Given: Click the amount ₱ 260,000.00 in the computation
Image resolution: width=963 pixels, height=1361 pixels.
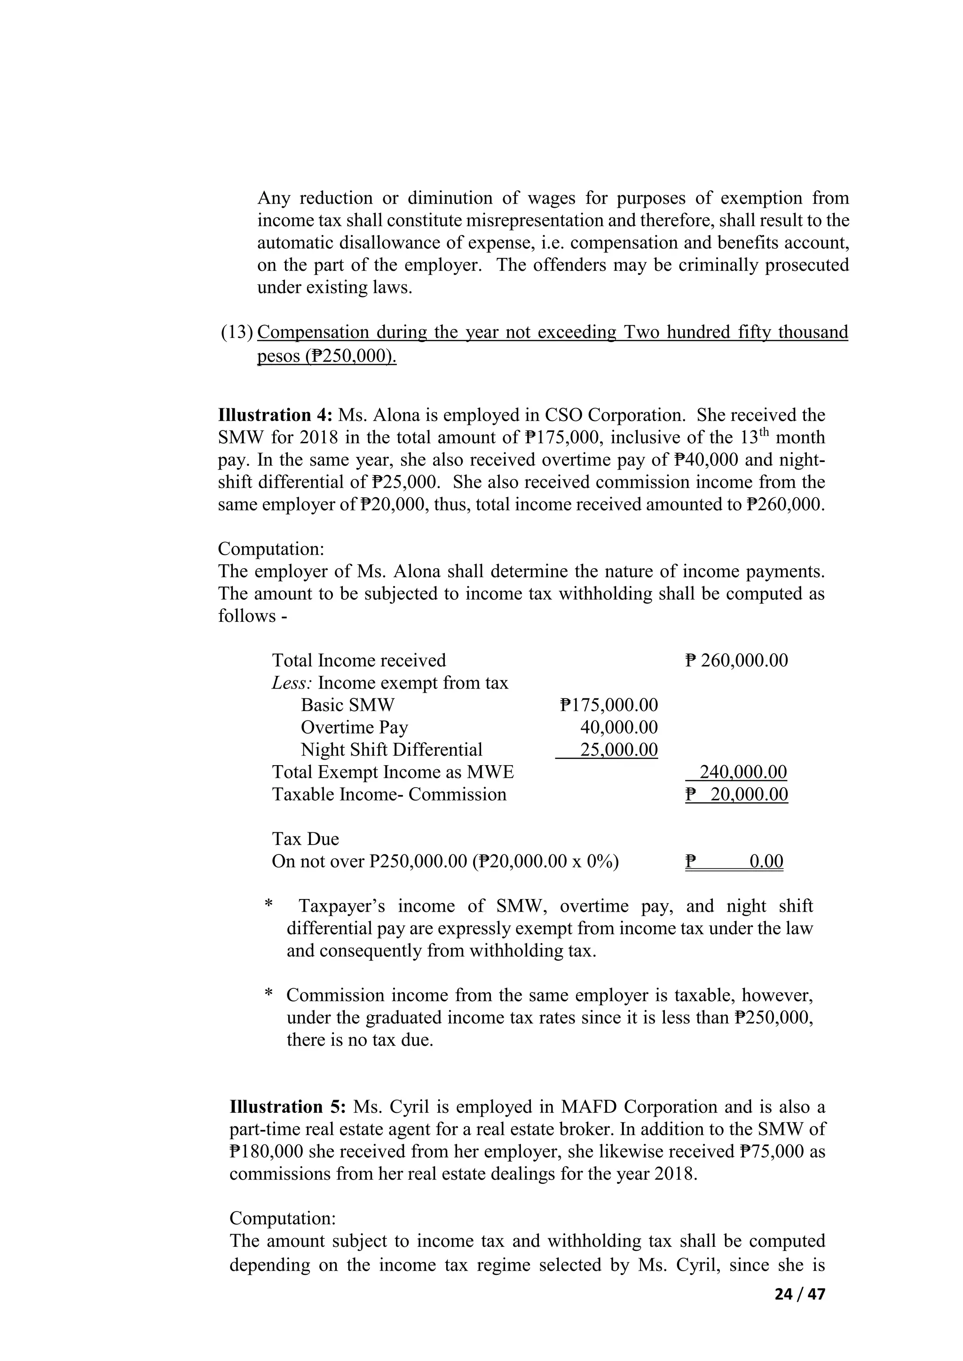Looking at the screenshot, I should [x=736, y=660].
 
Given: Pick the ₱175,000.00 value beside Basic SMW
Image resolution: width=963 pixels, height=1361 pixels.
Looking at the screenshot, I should [x=608, y=705].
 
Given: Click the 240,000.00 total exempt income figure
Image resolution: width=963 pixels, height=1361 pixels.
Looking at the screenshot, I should [x=743, y=773].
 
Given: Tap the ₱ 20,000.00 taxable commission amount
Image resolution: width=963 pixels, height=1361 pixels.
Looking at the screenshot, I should [x=736, y=794].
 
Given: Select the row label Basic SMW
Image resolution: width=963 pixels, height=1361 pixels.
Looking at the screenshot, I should [x=347, y=705].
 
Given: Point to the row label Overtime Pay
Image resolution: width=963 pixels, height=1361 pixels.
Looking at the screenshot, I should [x=354, y=727].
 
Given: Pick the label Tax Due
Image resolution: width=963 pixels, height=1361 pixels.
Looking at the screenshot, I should [x=305, y=839].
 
